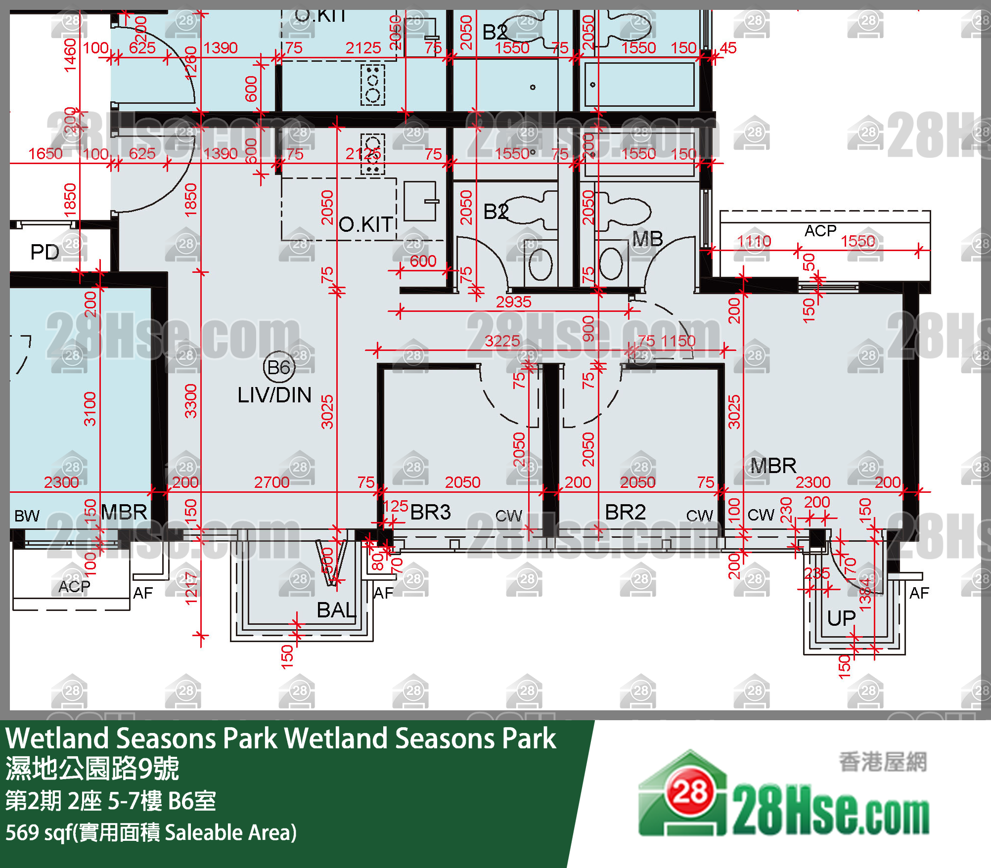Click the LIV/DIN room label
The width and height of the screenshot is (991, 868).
tap(274, 395)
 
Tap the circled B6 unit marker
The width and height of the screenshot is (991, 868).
tap(279, 368)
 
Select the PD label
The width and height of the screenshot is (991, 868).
tap(45, 253)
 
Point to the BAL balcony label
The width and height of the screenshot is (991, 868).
tap(336, 610)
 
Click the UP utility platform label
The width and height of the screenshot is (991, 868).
tap(841, 618)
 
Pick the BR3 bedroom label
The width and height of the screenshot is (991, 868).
tap(430, 513)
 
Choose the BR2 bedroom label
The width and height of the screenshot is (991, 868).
tap(625, 513)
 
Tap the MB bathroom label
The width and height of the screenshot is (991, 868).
tap(647, 239)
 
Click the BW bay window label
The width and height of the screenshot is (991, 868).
tap(27, 516)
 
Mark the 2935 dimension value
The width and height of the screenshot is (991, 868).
tap(513, 302)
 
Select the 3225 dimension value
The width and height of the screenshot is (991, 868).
tap(502, 341)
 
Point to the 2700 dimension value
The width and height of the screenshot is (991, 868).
tap(271, 482)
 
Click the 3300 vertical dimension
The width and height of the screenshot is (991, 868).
tap(191, 401)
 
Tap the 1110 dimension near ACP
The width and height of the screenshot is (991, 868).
tap(754, 241)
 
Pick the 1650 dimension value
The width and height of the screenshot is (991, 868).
tap(45, 154)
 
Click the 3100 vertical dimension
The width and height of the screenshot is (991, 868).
tap(90, 409)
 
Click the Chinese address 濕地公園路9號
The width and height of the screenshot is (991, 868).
tap(92, 769)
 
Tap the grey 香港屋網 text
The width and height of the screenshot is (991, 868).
tap(883, 762)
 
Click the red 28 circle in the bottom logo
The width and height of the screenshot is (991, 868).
tap(690, 792)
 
